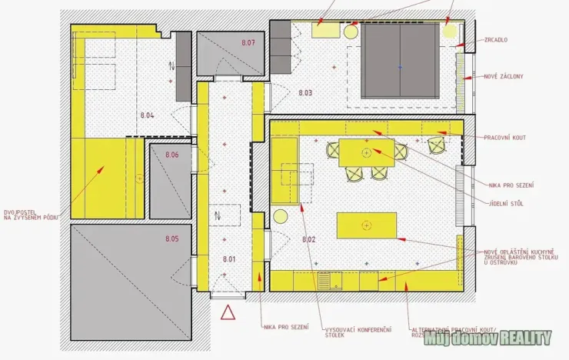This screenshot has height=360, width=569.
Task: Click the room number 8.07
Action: pos(248,43)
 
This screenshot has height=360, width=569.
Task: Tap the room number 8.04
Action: pos(147,115)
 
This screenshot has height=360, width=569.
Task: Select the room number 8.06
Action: pos(171,155)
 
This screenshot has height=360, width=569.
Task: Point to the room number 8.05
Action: pos(171,239)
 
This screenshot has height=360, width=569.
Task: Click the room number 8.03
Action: pos(305,93)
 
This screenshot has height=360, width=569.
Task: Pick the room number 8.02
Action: pos(309,239)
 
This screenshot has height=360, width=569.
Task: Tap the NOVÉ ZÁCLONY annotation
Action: pos(504,77)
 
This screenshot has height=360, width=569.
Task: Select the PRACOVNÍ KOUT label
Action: pos(505,137)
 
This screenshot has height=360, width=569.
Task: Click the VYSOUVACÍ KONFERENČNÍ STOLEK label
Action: pos(347,332)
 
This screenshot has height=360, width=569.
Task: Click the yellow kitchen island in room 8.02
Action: pos(366,225)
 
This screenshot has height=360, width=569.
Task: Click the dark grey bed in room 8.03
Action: pos(400,60)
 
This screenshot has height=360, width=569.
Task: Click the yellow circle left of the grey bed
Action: pos(351,32)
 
